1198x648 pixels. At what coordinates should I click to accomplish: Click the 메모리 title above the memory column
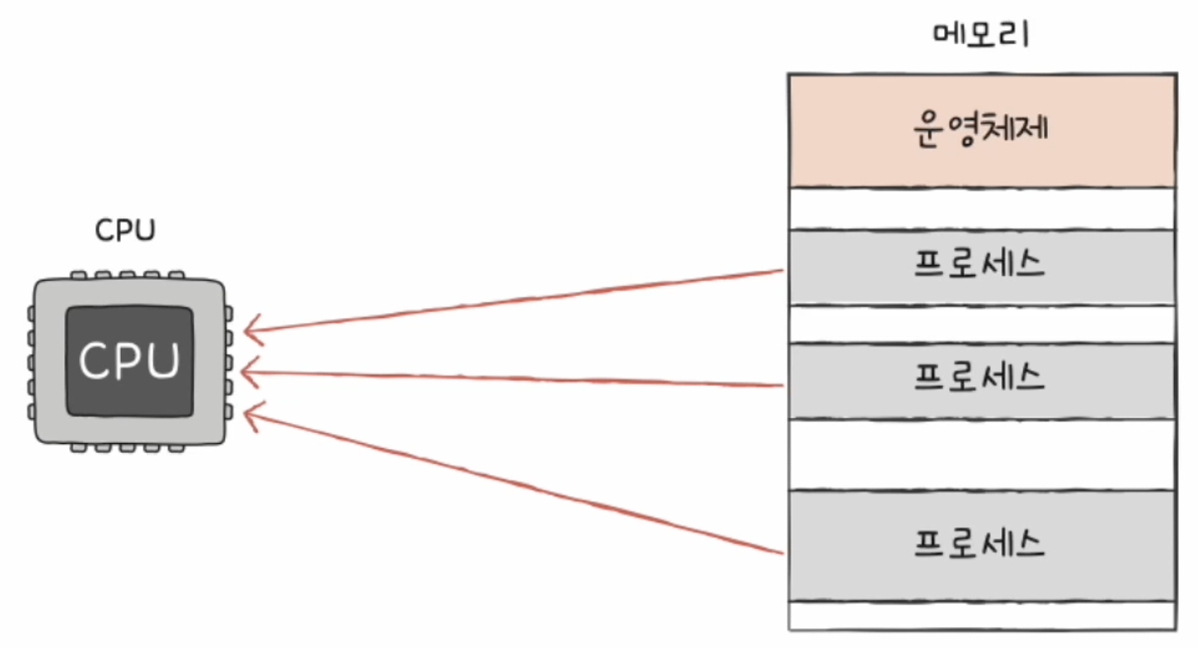point(981,35)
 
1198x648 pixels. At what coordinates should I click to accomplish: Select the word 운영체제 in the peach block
point(981,128)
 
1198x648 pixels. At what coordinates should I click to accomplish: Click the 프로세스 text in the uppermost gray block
point(980,264)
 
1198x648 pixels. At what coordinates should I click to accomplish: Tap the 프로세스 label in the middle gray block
point(980,377)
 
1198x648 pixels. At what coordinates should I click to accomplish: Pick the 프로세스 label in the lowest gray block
point(980,544)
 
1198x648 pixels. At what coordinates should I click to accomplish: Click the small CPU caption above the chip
point(125,231)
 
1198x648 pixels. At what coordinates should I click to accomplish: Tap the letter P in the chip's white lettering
point(129,361)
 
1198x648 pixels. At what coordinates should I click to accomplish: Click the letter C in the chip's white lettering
point(94,361)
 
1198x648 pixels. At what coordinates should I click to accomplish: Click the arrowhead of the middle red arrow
point(242,371)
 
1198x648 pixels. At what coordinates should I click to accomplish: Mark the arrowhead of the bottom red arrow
point(245,413)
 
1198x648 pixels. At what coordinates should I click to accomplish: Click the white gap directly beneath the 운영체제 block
point(982,209)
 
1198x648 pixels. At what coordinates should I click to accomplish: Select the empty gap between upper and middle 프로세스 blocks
point(982,325)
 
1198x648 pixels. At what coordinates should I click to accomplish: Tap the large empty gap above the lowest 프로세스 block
point(982,455)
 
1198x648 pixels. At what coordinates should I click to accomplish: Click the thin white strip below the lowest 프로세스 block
point(982,616)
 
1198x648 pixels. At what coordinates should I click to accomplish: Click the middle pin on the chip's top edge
point(127,276)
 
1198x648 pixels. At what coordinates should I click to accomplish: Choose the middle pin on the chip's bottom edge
point(127,448)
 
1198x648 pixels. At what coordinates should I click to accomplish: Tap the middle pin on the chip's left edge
point(31,362)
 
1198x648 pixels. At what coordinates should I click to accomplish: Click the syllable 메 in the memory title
point(949,35)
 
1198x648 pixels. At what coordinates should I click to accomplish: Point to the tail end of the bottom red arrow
point(784,553)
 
